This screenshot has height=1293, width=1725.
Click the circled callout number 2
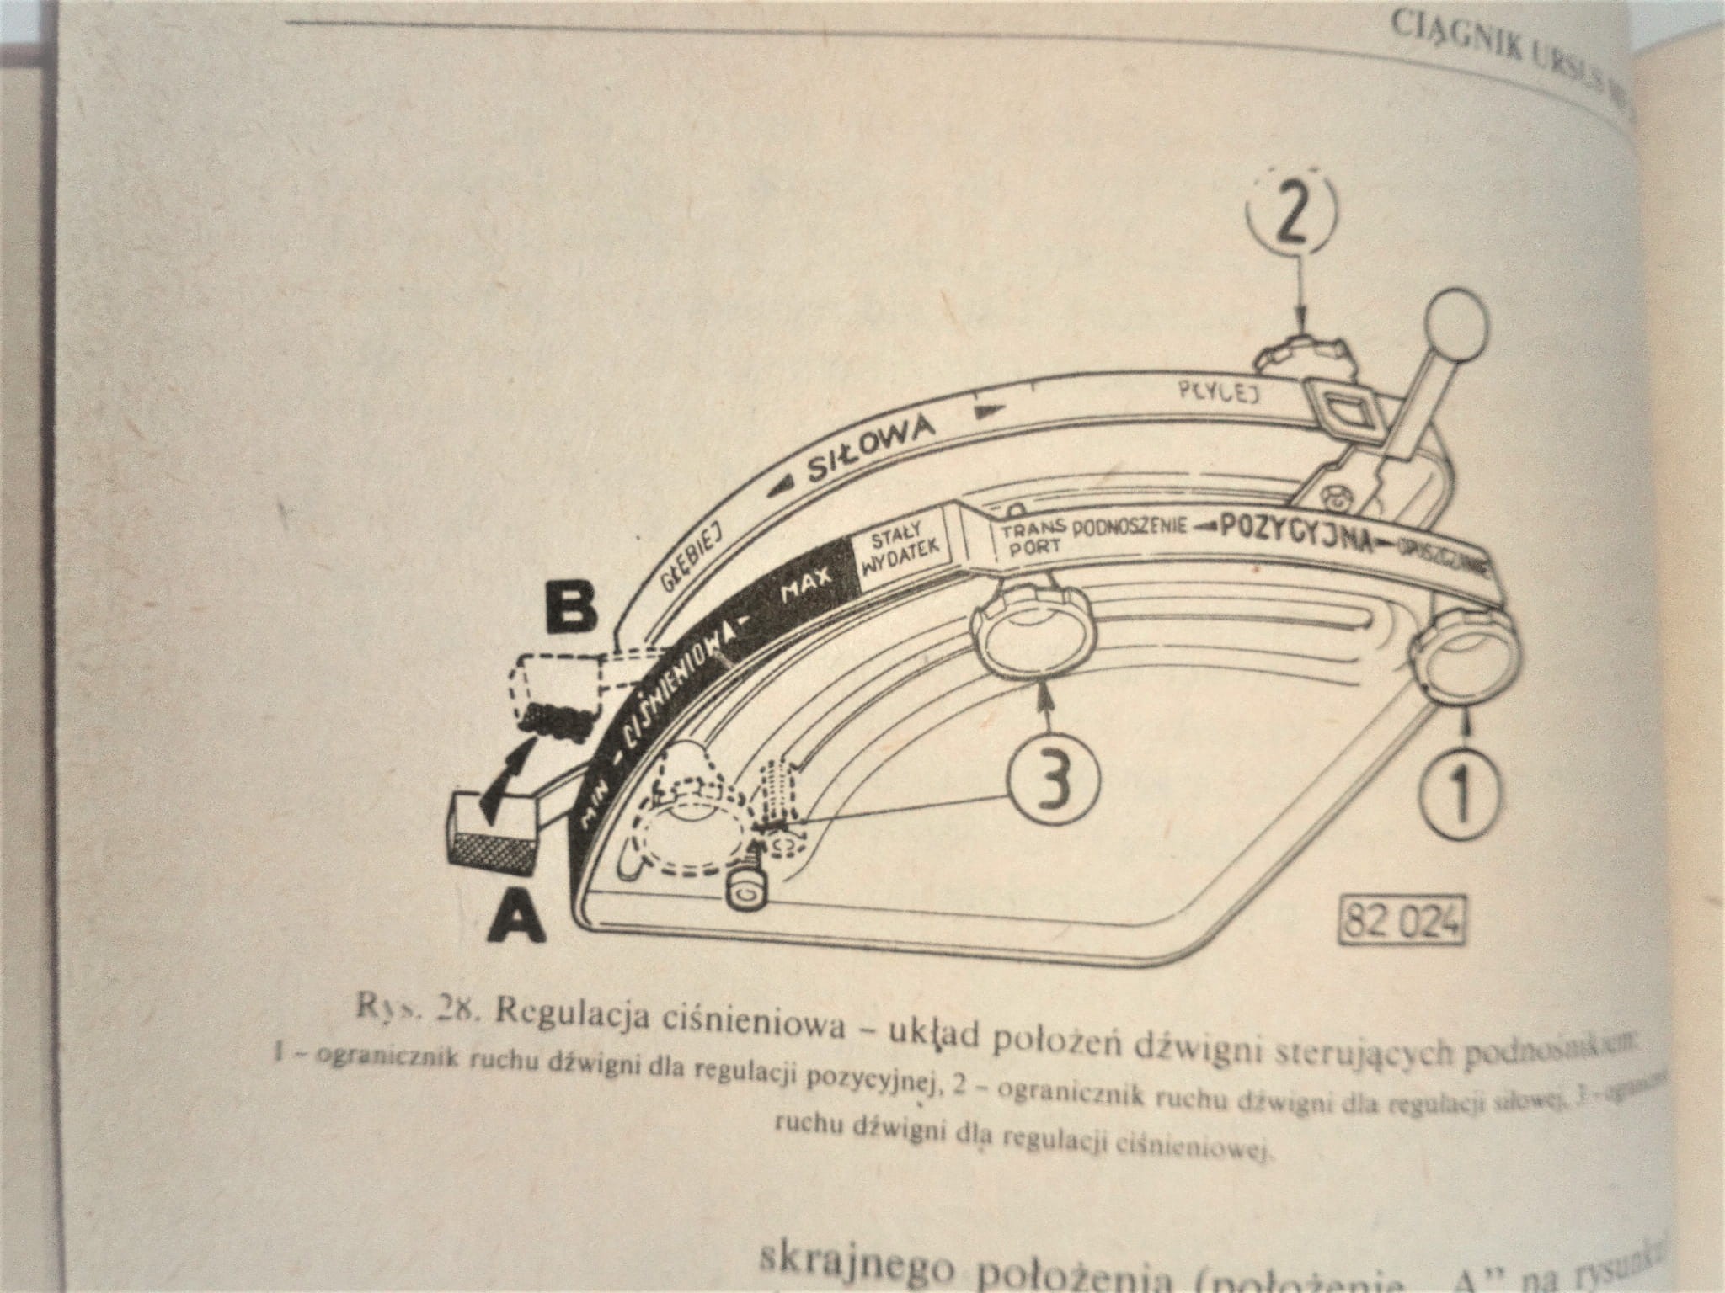click(1294, 214)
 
